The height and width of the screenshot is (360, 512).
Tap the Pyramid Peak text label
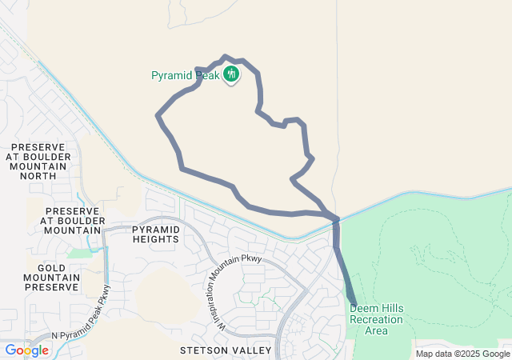[x=186, y=76]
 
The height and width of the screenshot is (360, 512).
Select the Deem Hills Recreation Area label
[x=376, y=319]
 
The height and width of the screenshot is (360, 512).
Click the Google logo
[x=26, y=350]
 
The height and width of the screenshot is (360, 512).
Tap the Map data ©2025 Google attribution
[x=462, y=354]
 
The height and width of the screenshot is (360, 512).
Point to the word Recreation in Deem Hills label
[x=376, y=319]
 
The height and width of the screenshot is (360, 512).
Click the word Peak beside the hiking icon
[x=207, y=76]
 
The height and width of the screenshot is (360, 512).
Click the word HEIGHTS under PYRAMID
[x=157, y=239]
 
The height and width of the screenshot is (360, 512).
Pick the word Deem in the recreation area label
[x=363, y=309]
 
